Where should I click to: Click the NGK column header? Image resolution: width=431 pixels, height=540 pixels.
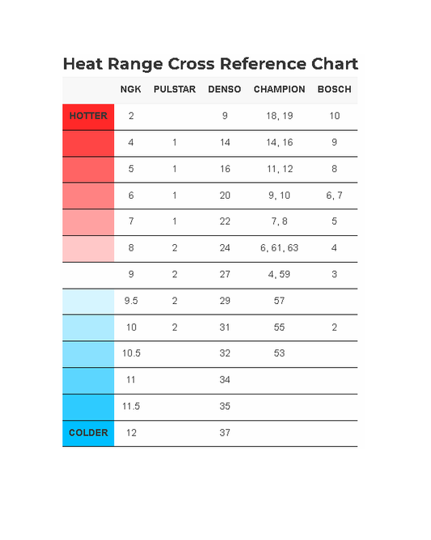pyautogui.click(x=130, y=89)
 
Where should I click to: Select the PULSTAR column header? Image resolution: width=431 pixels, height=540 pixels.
pyautogui.click(x=175, y=89)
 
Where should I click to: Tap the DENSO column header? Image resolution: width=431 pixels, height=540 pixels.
pyautogui.click(x=225, y=89)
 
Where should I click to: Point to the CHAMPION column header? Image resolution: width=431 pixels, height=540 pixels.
pyautogui.click(x=280, y=89)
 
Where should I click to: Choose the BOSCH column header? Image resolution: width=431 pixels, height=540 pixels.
pyautogui.click(x=335, y=89)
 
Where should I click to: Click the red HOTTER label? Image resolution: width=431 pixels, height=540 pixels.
pyautogui.click(x=88, y=116)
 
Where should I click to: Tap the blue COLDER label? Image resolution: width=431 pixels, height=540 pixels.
pyautogui.click(x=88, y=433)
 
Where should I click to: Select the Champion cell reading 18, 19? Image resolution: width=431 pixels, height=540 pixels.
pyautogui.click(x=280, y=116)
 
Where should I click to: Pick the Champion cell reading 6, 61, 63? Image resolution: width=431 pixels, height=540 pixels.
pyautogui.click(x=280, y=248)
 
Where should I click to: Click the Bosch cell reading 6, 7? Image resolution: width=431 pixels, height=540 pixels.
pyautogui.click(x=334, y=196)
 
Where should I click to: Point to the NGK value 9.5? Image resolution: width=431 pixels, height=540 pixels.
pyautogui.click(x=131, y=301)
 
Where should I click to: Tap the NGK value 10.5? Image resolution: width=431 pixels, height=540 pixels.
pyautogui.click(x=131, y=353)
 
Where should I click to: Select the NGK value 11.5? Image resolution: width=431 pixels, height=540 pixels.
pyautogui.click(x=131, y=407)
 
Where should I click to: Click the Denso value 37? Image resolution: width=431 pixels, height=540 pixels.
pyautogui.click(x=225, y=433)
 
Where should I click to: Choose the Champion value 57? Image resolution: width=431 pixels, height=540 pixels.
pyautogui.click(x=280, y=301)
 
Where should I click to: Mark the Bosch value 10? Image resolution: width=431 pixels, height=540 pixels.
pyautogui.click(x=335, y=116)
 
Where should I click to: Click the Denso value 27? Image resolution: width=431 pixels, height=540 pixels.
pyautogui.click(x=225, y=275)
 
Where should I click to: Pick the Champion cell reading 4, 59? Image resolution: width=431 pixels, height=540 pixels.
pyautogui.click(x=280, y=275)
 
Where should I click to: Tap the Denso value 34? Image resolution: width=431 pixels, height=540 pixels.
pyautogui.click(x=225, y=380)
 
